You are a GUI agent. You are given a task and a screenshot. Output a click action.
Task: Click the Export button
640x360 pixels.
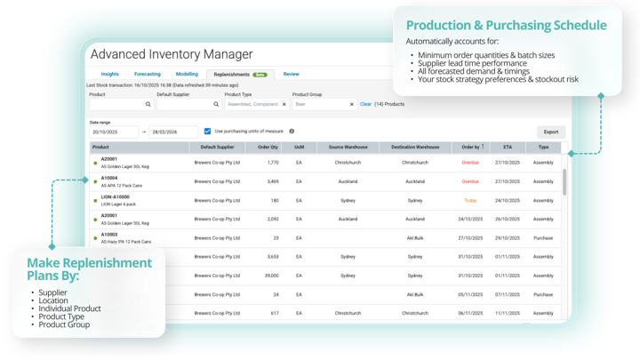coord(551,132)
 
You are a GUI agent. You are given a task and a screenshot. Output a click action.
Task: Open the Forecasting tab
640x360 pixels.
coord(147,75)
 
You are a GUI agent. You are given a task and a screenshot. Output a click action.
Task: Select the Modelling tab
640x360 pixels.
coord(187,75)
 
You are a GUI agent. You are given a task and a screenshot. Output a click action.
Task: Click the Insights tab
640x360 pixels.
coord(109,75)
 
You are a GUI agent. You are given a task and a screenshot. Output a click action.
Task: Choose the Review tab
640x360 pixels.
coord(291,75)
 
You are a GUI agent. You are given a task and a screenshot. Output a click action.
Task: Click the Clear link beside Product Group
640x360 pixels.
coord(365,104)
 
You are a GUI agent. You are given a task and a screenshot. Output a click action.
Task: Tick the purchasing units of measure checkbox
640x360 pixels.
coord(208,132)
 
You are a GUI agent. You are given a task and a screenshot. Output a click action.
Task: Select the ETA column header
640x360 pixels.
coord(508,148)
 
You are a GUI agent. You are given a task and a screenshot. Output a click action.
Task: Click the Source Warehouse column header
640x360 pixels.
coord(348,148)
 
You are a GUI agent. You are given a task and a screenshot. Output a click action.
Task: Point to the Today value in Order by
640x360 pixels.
coord(470,201)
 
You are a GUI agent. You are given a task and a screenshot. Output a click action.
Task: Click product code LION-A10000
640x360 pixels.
coord(115,197)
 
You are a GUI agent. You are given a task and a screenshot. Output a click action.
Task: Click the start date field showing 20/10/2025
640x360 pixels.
coord(113,132)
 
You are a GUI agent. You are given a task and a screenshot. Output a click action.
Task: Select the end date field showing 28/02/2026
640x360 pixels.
coord(172,132)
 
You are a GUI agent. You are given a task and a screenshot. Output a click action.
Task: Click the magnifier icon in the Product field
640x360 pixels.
coord(148,104)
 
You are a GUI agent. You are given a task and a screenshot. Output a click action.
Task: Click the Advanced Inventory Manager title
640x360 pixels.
coord(172,54)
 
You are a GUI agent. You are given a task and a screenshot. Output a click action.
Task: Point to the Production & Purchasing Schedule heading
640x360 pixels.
coord(507,25)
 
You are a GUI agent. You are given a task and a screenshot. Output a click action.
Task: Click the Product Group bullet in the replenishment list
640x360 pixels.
coord(64,324)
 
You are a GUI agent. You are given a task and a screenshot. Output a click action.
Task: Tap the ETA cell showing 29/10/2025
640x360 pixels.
coord(508,238)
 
